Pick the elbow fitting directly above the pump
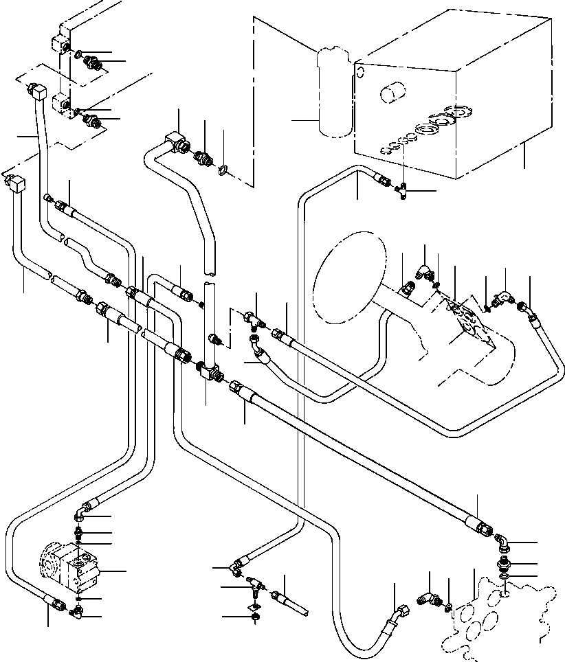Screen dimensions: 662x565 pos(81,512)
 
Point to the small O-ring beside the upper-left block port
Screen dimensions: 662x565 pos(78,54)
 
